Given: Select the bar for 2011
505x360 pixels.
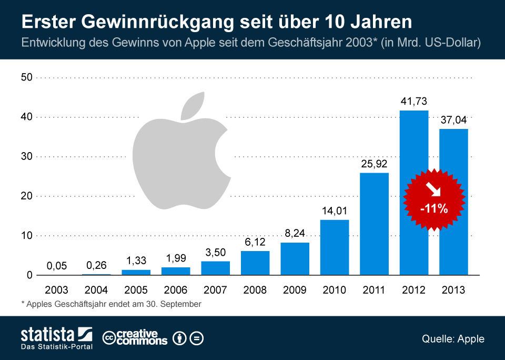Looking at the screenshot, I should point(374,224).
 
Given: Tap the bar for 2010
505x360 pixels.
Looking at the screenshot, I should point(335,247).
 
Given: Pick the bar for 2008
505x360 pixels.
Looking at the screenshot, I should point(255,263).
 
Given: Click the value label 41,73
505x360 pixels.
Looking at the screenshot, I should point(414,101).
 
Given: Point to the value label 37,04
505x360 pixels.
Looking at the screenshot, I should point(453,120).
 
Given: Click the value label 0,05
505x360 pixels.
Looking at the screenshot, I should point(56,266).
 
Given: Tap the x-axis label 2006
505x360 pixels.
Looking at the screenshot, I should point(176,290).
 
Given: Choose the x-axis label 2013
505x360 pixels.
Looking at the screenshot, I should point(453,290).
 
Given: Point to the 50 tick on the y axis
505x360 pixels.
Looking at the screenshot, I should point(26,77).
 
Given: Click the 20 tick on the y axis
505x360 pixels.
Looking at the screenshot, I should point(26,196).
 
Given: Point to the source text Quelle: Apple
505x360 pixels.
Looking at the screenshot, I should point(452,338).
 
